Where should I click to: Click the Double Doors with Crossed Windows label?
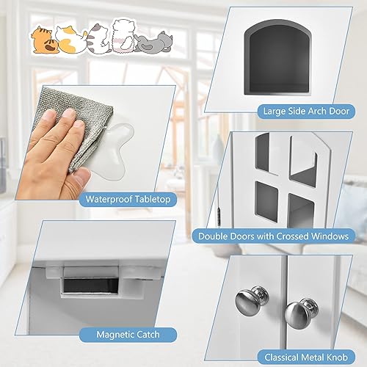[x=272, y=236]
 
